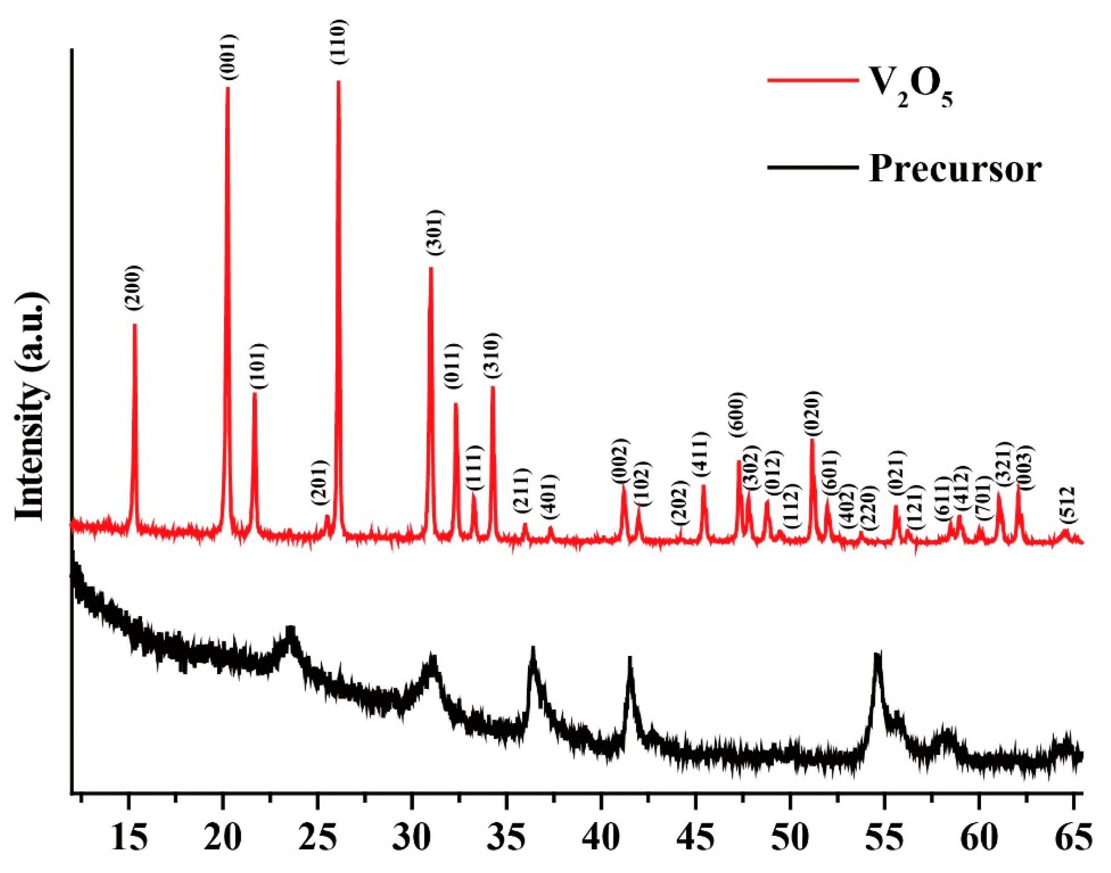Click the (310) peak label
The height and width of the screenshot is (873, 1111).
coord(493,355)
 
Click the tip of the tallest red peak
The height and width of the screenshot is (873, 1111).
coord(338,82)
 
